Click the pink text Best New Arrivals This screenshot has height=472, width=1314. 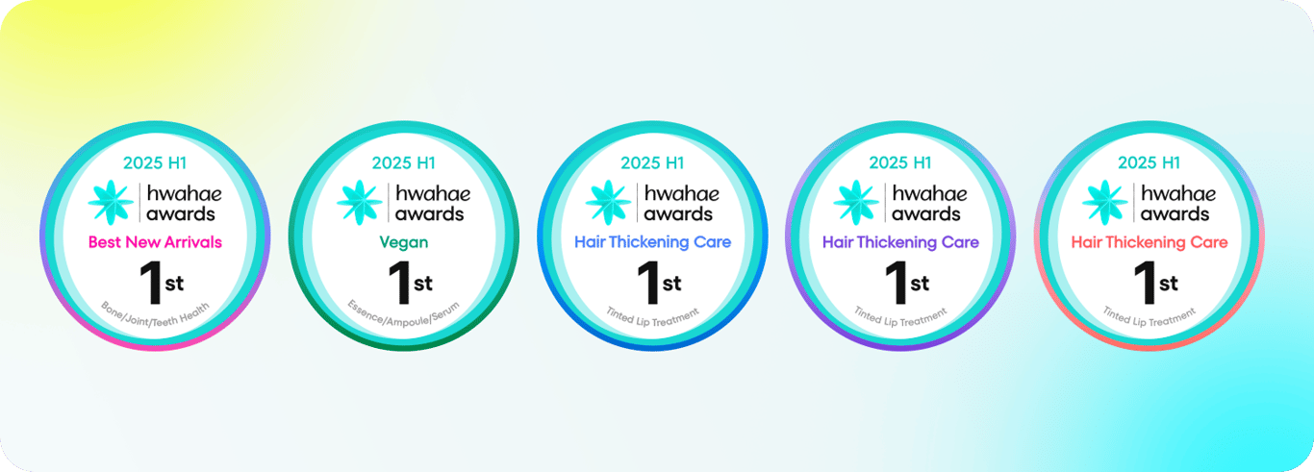click(155, 242)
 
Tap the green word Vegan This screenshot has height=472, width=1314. click(404, 242)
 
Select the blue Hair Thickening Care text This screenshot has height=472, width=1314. click(652, 242)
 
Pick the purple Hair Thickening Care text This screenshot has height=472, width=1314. click(900, 242)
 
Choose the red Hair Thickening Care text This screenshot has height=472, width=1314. click(1150, 242)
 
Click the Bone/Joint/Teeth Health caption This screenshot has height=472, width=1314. click(155, 316)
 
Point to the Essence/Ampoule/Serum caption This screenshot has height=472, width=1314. click(404, 316)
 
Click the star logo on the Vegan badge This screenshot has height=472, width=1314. click(360, 202)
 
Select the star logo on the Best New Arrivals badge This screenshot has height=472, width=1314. click(111, 202)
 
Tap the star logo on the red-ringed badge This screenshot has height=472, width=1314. click(1105, 202)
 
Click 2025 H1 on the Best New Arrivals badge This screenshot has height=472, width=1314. click(155, 162)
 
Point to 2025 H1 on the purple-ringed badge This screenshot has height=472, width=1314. click(900, 162)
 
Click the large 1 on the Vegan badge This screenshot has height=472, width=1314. click(401, 283)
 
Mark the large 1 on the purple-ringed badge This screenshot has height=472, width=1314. click(897, 283)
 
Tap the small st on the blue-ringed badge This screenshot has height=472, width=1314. click(672, 284)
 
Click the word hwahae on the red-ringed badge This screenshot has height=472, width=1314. click(1178, 193)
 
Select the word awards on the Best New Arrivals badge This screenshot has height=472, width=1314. click(181, 214)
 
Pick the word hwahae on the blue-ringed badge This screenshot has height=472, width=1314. click(682, 193)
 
